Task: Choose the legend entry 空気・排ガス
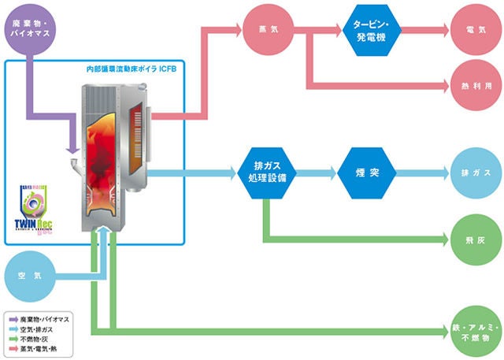39,328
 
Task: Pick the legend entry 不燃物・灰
37,338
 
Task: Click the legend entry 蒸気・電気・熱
41,347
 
